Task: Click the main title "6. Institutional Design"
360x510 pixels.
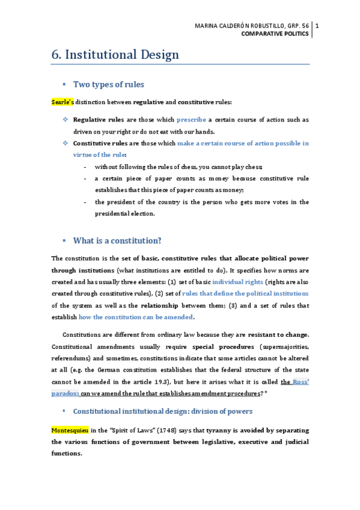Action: (115, 55)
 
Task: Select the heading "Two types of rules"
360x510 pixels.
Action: (108, 84)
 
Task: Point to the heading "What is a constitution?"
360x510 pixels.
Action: (117, 241)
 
